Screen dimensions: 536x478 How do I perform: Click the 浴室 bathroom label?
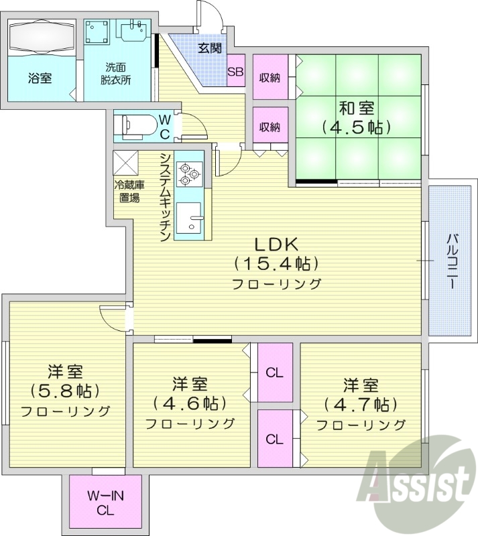40,78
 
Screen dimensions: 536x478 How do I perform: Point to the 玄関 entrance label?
209,48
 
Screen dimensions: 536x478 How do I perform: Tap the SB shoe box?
235,72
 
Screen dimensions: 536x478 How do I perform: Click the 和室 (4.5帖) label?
356,116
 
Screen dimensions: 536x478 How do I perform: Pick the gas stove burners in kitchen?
188,173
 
